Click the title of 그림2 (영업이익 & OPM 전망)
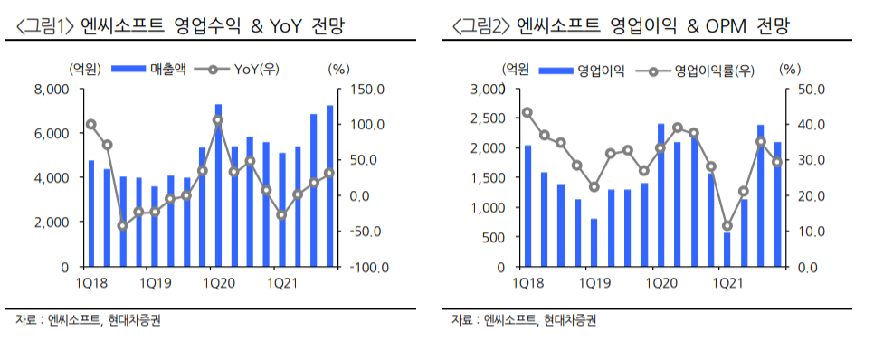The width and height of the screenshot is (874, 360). point(620,26)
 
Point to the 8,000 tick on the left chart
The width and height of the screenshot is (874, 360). point(52,89)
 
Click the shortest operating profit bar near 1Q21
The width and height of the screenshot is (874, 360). point(727,250)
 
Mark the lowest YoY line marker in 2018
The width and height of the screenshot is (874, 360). point(123,226)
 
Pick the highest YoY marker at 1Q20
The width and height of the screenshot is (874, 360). point(218,120)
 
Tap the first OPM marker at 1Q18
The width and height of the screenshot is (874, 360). point(527,112)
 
